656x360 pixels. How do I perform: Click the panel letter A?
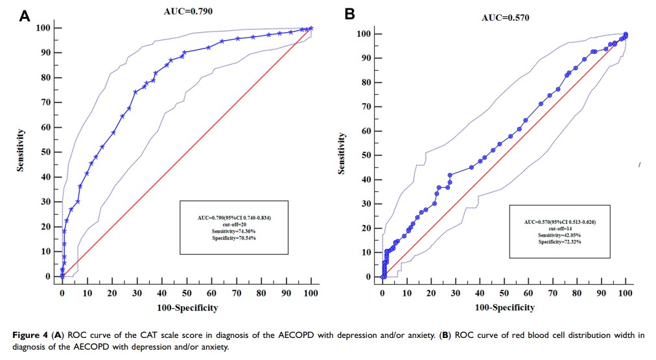pyautogui.click(x=25, y=16)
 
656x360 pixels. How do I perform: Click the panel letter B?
pyautogui.click(x=349, y=14)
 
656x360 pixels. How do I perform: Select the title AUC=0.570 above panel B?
pyautogui.click(x=506, y=18)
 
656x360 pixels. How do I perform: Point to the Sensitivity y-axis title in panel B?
pyautogui.click(x=341, y=153)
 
